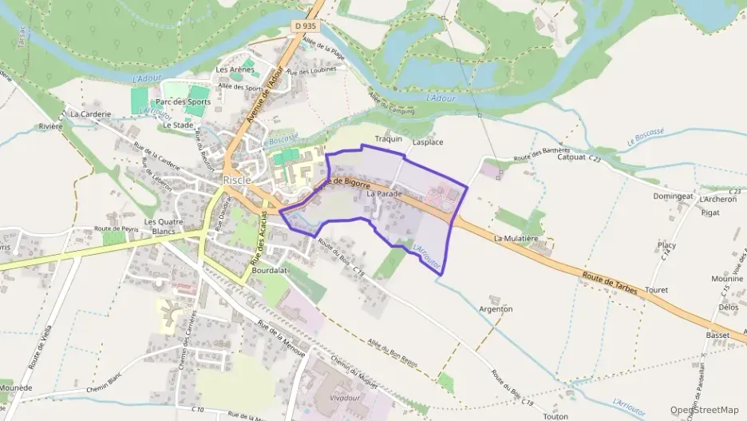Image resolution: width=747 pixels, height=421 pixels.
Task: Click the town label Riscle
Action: coord(237,180)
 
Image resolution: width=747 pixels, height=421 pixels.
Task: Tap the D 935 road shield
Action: coord(305,26)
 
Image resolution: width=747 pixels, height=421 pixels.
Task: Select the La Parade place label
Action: coord(384,193)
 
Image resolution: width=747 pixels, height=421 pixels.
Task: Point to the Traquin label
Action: coord(388,139)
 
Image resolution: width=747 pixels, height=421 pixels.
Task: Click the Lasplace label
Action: coord(427,141)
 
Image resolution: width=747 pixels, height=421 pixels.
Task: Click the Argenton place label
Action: coord(495,308)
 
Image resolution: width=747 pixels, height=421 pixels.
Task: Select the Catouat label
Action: coord(572,157)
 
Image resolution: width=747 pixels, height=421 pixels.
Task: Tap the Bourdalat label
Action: coord(269,270)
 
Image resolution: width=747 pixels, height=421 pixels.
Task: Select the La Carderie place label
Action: coord(89,114)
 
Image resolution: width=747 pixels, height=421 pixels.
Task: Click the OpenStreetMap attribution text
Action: coord(704,410)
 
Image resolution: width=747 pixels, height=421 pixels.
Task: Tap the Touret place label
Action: coord(656,290)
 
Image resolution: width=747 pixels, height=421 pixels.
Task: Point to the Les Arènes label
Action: coord(235,70)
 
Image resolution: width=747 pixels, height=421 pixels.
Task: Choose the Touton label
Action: coord(555,415)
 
